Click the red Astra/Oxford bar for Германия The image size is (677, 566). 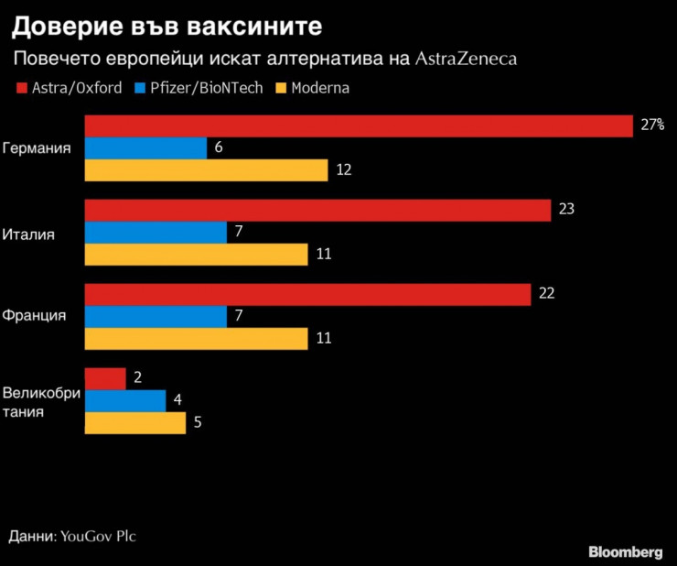pos(359,126)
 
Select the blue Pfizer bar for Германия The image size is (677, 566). pos(145,148)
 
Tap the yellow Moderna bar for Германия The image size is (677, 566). pos(206,170)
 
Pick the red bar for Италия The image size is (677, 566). pos(317,210)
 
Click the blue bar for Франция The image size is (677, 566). pos(156,316)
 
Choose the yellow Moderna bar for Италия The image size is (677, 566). pos(196,255)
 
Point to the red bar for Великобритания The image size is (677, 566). pos(105,378)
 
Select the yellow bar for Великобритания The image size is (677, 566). pos(135,423)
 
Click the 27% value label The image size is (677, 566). pos(651,125)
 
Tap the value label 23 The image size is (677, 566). pos(566,210)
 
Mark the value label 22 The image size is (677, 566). pos(547,294)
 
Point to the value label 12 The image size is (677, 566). pos(344,170)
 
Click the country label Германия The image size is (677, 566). pos(38,148)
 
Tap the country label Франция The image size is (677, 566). pos(35,316)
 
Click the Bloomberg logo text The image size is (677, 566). pos(625,552)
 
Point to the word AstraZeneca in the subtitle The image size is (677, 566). pos(466,60)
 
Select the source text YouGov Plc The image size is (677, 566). pos(98,536)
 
